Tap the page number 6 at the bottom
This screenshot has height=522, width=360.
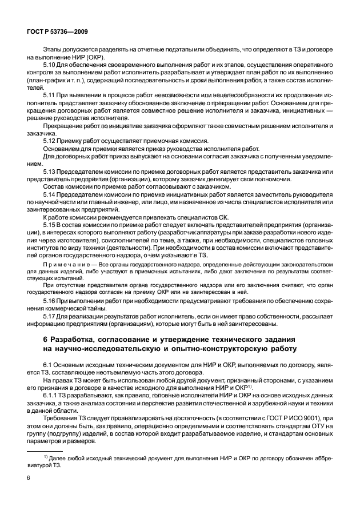click(x=29, y=493)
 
